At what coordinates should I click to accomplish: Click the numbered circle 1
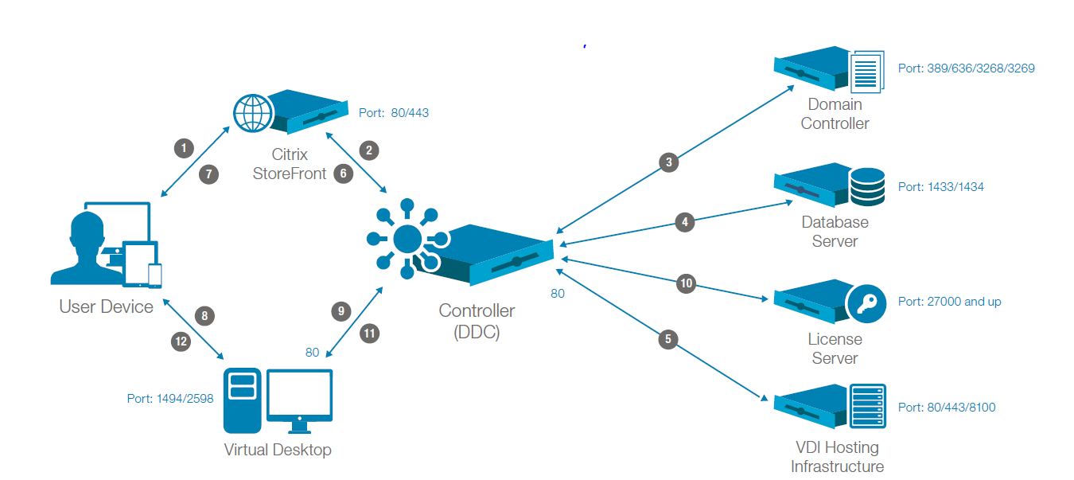point(184,147)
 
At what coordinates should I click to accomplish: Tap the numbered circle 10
point(687,283)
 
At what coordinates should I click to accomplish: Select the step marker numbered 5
point(668,340)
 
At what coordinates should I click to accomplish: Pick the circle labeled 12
point(182,341)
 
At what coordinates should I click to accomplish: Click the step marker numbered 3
point(669,162)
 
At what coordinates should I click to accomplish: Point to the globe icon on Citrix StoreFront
point(253,113)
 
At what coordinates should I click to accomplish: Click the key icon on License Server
point(865,302)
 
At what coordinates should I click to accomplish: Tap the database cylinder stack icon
point(866,186)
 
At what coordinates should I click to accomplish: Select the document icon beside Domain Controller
point(867,71)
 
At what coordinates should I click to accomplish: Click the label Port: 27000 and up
point(949,302)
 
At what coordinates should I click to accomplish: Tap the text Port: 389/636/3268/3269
point(966,68)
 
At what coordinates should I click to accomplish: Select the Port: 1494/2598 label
point(170,399)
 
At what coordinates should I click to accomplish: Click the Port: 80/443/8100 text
point(947,408)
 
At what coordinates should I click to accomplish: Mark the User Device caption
point(106,307)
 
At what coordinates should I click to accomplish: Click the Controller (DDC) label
point(477,322)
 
